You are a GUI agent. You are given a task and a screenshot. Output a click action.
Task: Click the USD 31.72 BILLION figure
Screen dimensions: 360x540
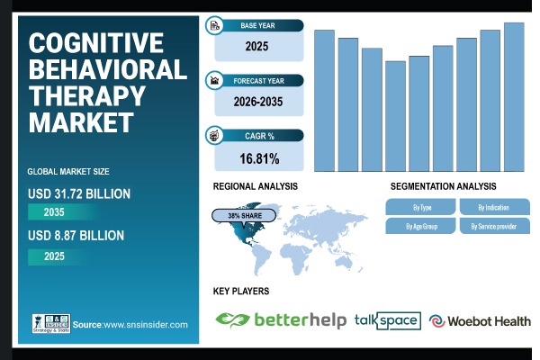click(79, 193)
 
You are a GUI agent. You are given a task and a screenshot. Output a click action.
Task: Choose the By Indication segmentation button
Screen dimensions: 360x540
click(492, 206)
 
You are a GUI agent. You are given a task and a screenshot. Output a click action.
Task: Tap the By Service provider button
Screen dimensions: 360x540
click(492, 226)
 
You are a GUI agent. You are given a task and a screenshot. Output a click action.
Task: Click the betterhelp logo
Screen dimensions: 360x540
click(281, 319)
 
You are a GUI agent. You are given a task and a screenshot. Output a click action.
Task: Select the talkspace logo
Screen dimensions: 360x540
click(387, 319)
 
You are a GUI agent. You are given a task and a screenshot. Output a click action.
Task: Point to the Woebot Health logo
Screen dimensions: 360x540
click(480, 320)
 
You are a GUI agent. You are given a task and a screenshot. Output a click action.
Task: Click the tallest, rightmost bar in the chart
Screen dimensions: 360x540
click(514, 96)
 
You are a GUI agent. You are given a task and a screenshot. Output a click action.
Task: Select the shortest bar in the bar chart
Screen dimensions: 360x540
click(395, 116)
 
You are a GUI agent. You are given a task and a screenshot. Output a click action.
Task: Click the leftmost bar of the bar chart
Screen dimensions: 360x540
click(324, 100)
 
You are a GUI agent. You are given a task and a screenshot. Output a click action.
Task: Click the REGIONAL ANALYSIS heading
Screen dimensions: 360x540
click(256, 185)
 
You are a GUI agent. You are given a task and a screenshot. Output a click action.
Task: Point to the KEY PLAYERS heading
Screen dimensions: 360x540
click(241, 292)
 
